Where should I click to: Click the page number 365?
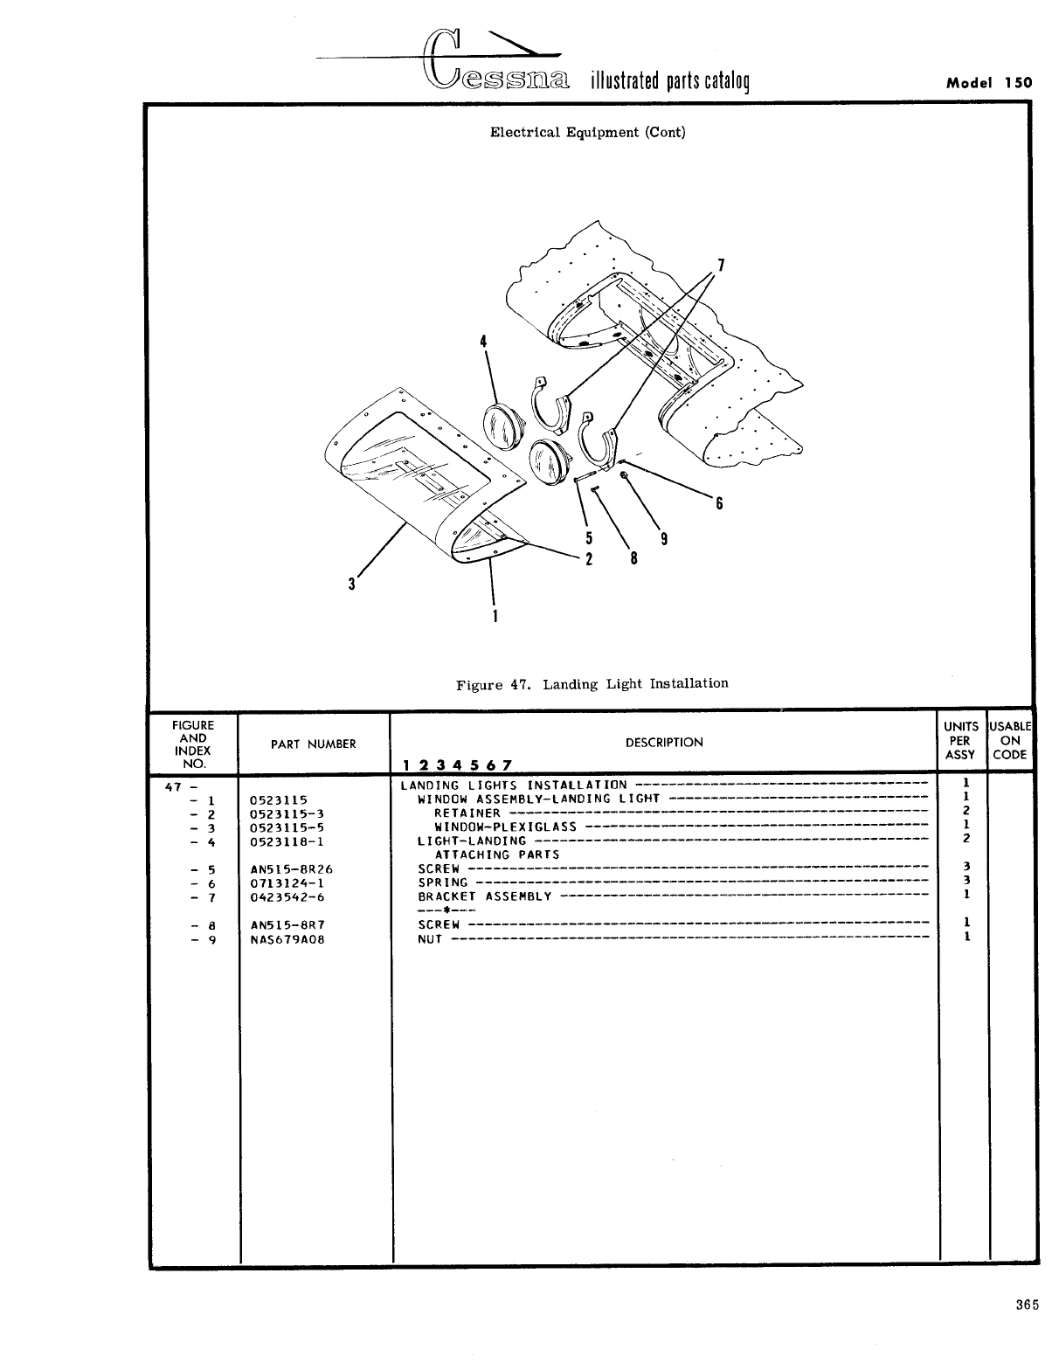[1027, 1306]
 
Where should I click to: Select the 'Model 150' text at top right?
[989, 83]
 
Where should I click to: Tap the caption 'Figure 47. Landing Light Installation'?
[592, 683]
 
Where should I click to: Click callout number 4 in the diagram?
[482, 341]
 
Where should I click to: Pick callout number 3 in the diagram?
[351, 585]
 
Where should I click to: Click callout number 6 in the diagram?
[719, 503]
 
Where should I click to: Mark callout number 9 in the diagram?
[663, 539]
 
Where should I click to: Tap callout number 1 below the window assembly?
[495, 615]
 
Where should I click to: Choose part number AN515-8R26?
[291, 869]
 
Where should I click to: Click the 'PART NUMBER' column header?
[313, 744]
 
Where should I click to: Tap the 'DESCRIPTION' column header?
[663, 743]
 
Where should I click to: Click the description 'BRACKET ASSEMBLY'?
[485, 896]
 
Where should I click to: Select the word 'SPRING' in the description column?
[442, 882]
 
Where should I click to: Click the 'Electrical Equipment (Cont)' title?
[587, 133]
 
